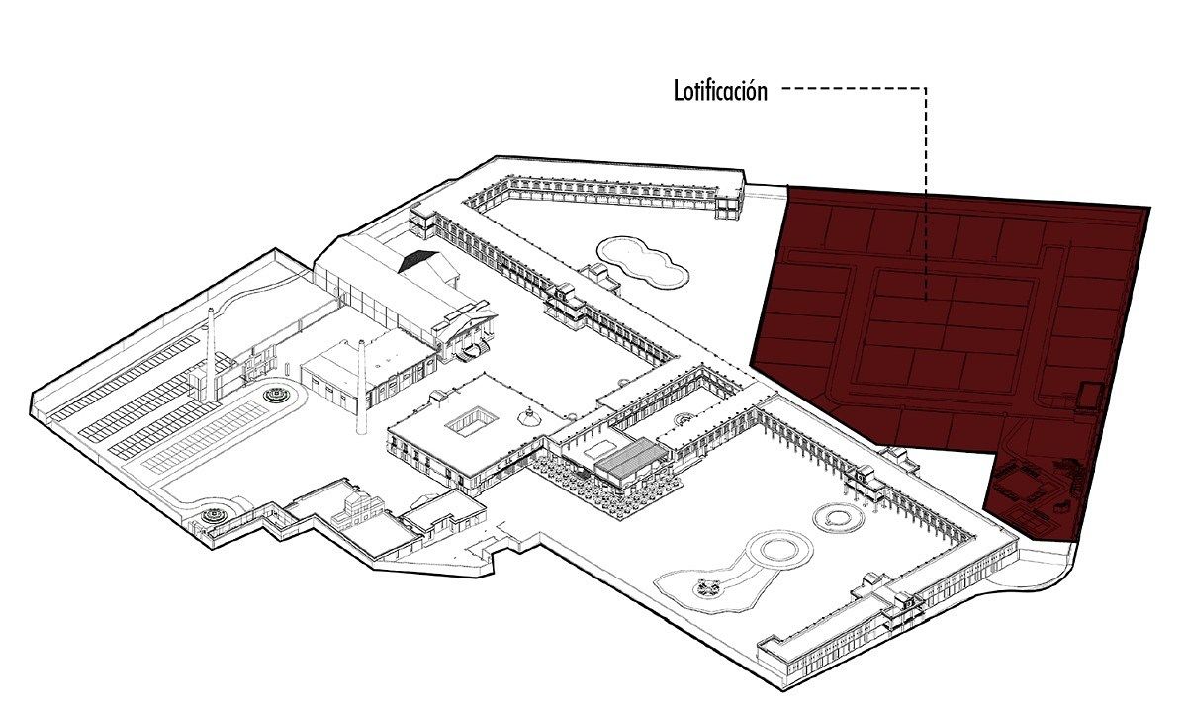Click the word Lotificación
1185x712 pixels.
point(720,92)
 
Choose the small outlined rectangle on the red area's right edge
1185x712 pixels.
point(1088,394)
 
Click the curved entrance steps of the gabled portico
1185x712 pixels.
point(475,349)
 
